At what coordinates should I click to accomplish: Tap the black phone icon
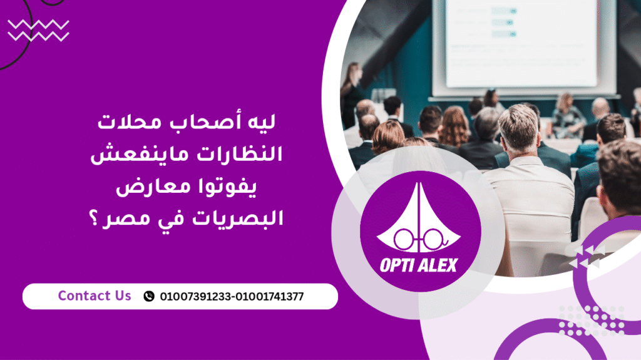coord(149,296)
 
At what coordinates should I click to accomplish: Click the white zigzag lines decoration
coord(38,31)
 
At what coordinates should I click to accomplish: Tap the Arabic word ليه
coord(260,122)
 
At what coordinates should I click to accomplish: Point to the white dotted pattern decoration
coord(592,321)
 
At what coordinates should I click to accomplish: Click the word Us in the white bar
coord(123,296)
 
